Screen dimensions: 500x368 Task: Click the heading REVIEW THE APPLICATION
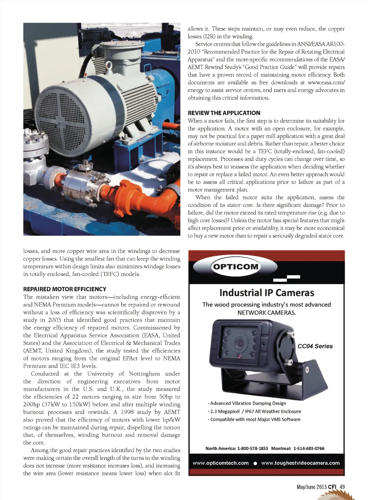click(x=224, y=113)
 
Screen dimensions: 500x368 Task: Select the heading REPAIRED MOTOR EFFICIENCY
click(x=65, y=289)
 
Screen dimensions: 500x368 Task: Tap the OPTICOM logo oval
click(x=236, y=267)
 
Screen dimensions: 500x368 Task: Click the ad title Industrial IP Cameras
click(x=267, y=293)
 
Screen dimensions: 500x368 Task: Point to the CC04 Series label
click(x=315, y=346)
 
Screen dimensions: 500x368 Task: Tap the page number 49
click(x=342, y=487)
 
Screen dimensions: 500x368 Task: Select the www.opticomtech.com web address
click(x=221, y=463)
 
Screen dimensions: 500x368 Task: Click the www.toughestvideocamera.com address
click(x=300, y=463)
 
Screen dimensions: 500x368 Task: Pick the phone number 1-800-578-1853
click(x=253, y=449)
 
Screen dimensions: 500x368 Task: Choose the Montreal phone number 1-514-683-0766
click(x=309, y=449)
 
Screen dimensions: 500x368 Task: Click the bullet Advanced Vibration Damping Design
click(x=248, y=403)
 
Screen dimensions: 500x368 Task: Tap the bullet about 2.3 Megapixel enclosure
click(x=255, y=412)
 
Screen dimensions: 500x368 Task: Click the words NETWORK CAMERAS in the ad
click(x=267, y=313)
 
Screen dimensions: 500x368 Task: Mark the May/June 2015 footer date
click(x=312, y=487)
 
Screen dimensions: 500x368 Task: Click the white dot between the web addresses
click(x=255, y=463)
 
